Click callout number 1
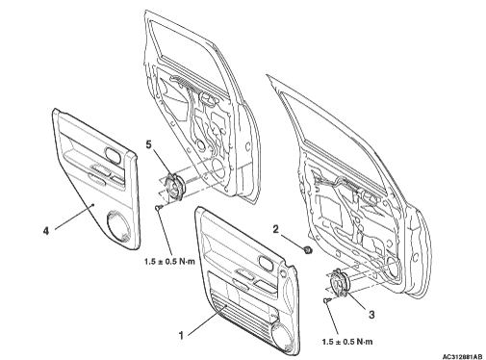[181, 336]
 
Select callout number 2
[276, 229]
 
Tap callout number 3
[371, 315]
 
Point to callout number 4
[46, 230]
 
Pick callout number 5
[148, 144]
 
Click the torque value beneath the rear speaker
[169, 261]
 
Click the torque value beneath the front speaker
[347, 342]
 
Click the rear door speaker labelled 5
[174, 187]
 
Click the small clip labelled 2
[307, 249]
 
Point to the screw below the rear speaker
[159, 208]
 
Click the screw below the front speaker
[327, 300]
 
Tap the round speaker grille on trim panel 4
[118, 226]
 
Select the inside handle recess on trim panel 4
[113, 153]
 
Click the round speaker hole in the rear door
[218, 167]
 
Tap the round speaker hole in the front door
[394, 267]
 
